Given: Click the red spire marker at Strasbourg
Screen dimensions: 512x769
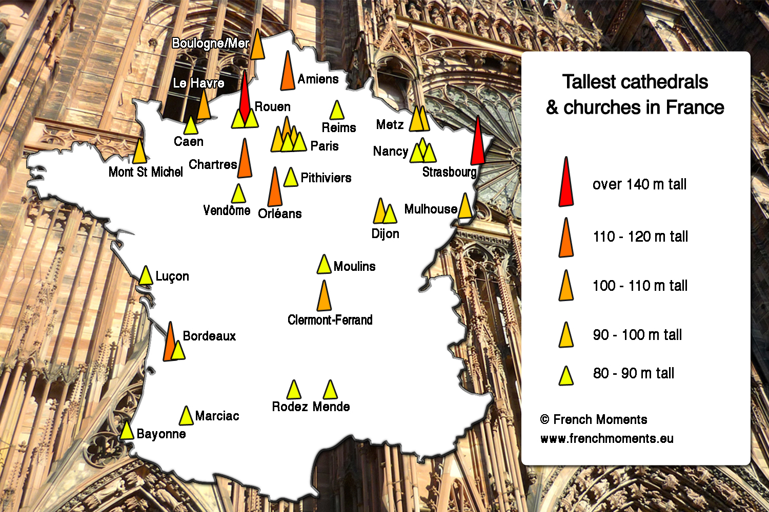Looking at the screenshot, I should click(477, 143).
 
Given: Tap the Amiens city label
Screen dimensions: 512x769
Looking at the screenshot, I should click(318, 79).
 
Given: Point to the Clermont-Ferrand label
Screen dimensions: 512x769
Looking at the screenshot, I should click(330, 320).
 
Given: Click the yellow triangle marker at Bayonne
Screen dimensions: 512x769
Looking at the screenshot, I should click(127, 431).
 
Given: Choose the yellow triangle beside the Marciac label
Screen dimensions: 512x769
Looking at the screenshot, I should click(186, 417).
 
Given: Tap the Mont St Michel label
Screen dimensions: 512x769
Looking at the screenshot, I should click(146, 172).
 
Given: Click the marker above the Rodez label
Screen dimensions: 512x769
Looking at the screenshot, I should click(294, 390).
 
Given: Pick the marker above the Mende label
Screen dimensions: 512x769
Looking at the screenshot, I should click(330, 390).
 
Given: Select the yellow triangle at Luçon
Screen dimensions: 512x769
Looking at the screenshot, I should click(146, 275).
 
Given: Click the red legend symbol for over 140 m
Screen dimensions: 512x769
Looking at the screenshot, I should click(566, 183).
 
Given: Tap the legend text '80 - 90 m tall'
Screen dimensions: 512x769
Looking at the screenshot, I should click(633, 373).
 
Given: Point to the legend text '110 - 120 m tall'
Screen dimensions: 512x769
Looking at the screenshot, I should click(640, 237).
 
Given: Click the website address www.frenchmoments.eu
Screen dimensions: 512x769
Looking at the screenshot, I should click(606, 439).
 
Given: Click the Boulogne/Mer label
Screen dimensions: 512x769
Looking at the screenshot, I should click(210, 44).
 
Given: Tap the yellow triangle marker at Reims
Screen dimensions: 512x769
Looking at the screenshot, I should click(337, 111).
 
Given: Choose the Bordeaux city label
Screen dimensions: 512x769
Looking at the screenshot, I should click(209, 336).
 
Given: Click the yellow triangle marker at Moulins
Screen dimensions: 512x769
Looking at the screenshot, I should click(323, 265).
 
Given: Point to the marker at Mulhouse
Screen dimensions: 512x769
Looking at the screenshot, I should click(465, 206).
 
